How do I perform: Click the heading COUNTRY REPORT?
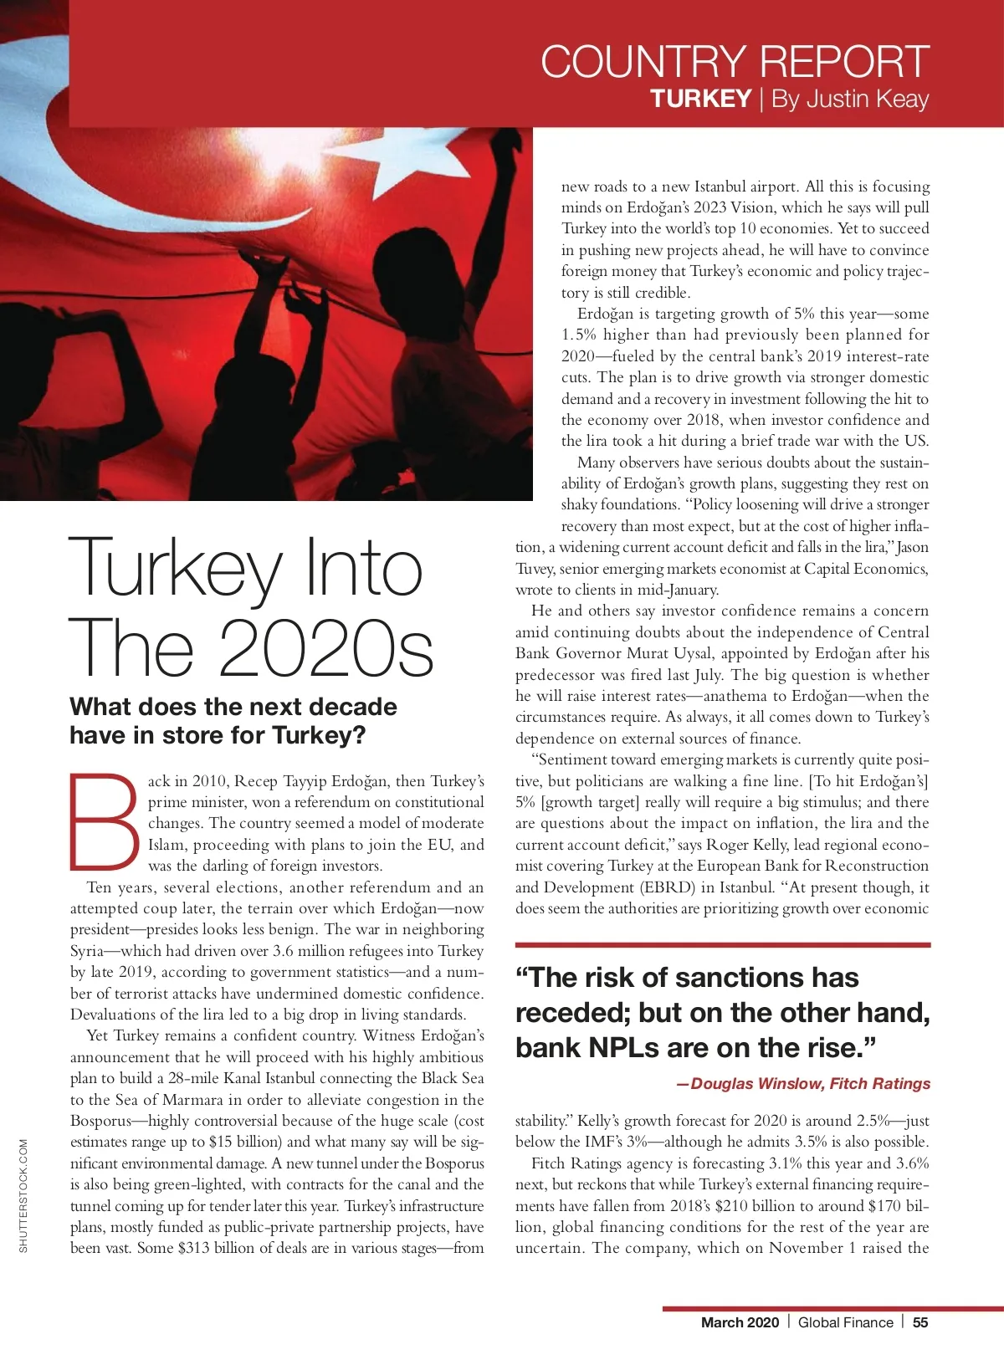tap(735, 62)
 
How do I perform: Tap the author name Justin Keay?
tap(850, 99)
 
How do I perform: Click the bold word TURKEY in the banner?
tap(700, 99)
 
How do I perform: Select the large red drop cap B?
tap(104, 823)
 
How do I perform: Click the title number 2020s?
tap(326, 649)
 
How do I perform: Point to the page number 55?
tap(920, 1322)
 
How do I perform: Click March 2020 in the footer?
tap(740, 1322)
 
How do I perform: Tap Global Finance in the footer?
tap(845, 1322)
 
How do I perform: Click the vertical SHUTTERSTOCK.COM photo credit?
tap(23, 1195)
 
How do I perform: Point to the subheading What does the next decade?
tap(233, 707)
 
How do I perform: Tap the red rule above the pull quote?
tap(723, 945)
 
